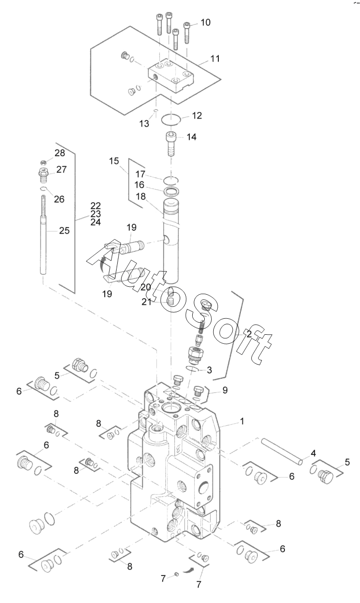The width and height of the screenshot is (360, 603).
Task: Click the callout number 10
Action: point(205,23)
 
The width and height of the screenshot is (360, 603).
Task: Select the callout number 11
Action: point(215,59)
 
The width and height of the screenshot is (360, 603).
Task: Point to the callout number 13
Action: point(144,124)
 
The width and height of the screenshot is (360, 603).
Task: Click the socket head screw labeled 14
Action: point(171,144)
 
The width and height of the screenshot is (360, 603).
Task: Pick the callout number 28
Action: point(60,153)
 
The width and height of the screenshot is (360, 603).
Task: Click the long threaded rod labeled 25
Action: point(43,235)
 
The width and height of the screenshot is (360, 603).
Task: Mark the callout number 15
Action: point(114,161)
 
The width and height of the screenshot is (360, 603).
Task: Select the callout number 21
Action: point(147,302)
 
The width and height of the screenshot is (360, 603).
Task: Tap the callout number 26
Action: point(59,199)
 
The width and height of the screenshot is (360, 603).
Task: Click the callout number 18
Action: point(141,197)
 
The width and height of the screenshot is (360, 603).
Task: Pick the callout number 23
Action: point(96,214)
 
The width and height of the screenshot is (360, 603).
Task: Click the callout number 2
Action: point(249,334)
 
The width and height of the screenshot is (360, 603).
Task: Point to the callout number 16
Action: point(139,185)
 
